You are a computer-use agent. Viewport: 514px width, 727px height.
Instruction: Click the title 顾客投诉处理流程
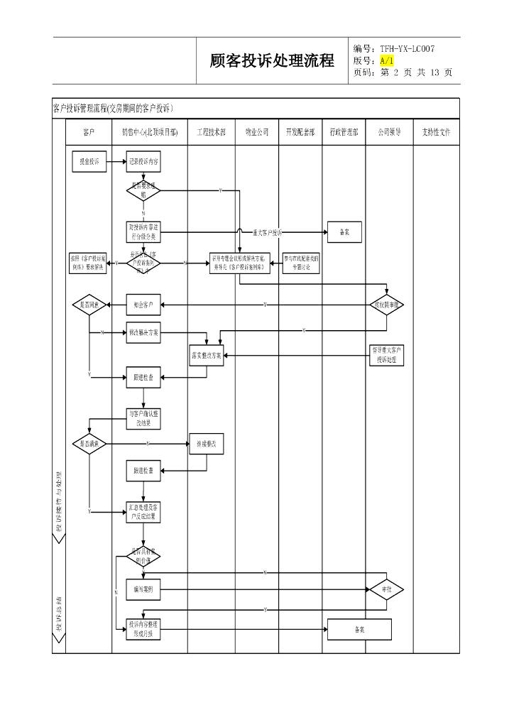tap(272, 61)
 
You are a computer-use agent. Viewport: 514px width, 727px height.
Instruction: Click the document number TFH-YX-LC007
tap(407, 48)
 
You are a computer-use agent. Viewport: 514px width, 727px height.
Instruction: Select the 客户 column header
tap(89, 132)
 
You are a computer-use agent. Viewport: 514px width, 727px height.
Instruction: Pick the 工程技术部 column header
tap(211, 132)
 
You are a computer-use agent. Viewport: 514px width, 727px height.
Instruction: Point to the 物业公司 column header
tap(257, 132)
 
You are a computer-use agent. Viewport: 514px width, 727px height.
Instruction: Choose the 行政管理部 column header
tap(344, 132)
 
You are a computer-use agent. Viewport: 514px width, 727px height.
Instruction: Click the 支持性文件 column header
tap(436, 132)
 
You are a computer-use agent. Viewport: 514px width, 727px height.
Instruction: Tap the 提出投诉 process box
tap(88, 162)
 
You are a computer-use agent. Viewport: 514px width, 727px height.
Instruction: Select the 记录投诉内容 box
tap(143, 162)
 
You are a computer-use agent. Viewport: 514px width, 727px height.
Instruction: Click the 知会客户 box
tap(143, 305)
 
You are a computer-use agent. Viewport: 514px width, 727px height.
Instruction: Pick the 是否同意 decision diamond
tap(89, 305)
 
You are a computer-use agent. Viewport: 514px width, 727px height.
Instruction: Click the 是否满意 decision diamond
tap(89, 444)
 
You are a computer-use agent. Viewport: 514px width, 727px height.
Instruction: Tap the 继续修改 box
tap(207, 444)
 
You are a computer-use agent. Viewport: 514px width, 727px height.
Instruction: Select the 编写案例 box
tap(143, 589)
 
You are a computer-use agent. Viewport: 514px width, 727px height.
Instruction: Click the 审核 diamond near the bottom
tap(387, 589)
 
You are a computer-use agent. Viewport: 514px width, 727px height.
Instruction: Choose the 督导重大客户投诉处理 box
tap(387, 355)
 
